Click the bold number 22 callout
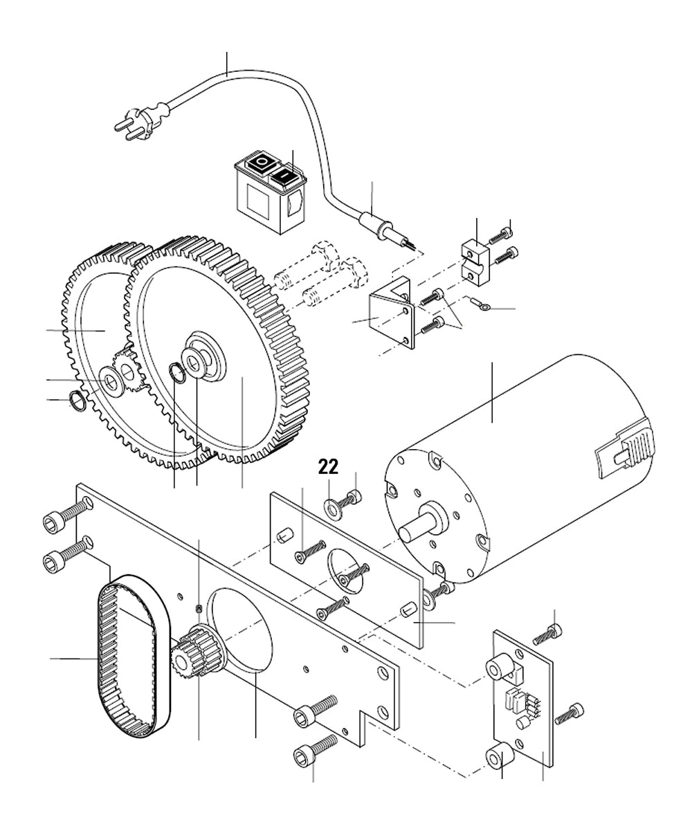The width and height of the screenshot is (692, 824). (328, 466)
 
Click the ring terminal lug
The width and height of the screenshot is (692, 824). (478, 303)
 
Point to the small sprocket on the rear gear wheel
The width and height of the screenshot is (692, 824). (126, 370)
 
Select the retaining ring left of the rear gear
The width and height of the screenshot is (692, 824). (77, 400)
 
